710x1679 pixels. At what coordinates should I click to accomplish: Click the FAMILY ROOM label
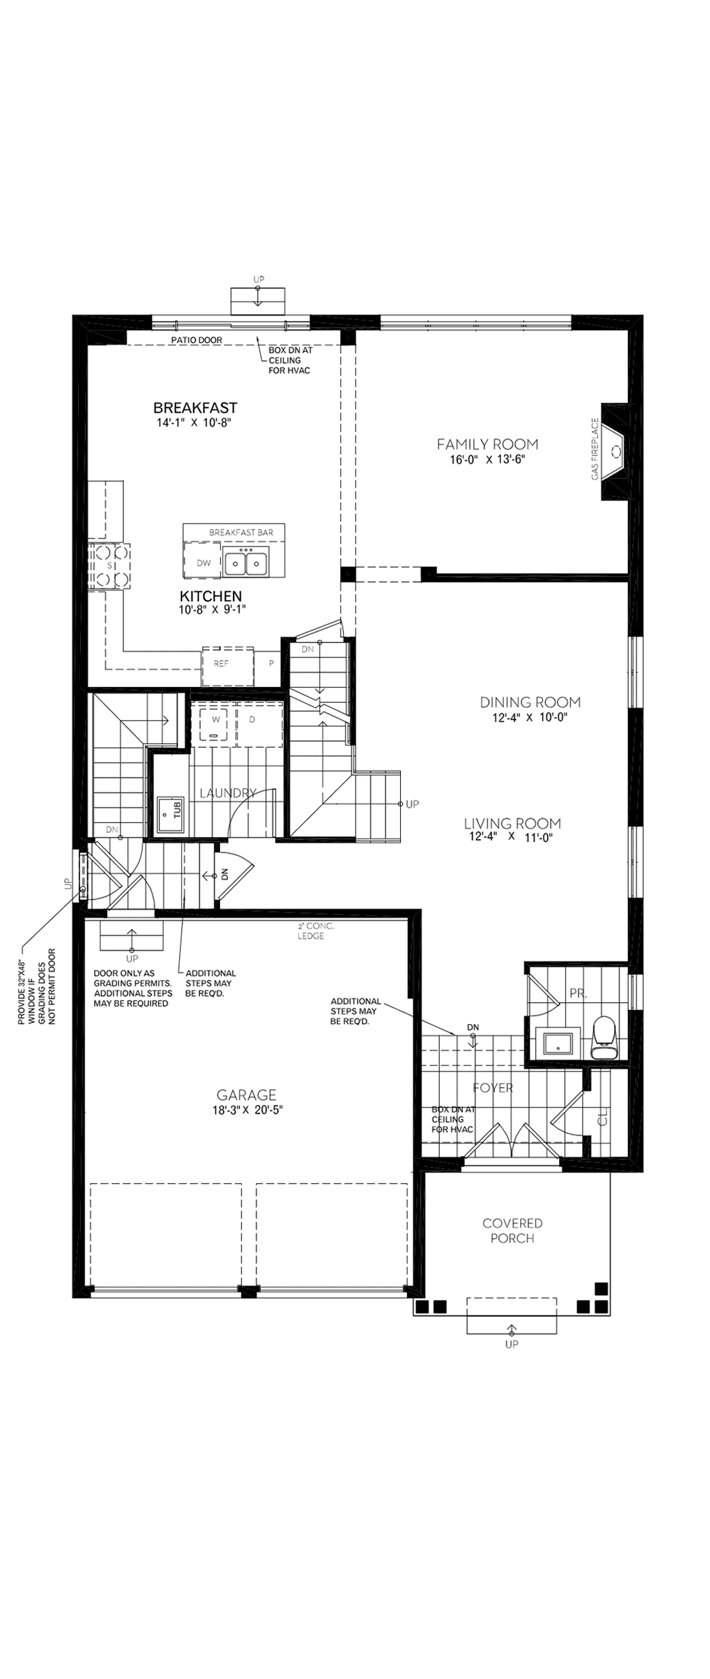pyautogui.click(x=487, y=444)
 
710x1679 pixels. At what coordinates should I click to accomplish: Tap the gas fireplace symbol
pyautogui.click(x=615, y=451)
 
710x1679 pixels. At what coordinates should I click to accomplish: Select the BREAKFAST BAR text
pyautogui.click(x=240, y=533)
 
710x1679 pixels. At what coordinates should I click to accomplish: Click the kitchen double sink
pyautogui.click(x=246, y=562)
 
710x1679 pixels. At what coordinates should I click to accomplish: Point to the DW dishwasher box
pyautogui.click(x=203, y=563)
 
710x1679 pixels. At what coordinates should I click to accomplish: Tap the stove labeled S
pyautogui.click(x=110, y=566)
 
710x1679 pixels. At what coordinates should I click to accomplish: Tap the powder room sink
pyautogui.click(x=556, y=1044)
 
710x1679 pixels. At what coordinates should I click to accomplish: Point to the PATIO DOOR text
pyautogui.click(x=196, y=340)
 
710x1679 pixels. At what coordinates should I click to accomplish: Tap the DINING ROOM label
pyautogui.click(x=529, y=703)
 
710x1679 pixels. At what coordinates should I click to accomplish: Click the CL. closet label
pyautogui.click(x=602, y=1117)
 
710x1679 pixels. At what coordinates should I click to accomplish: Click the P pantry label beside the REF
pyautogui.click(x=271, y=664)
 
